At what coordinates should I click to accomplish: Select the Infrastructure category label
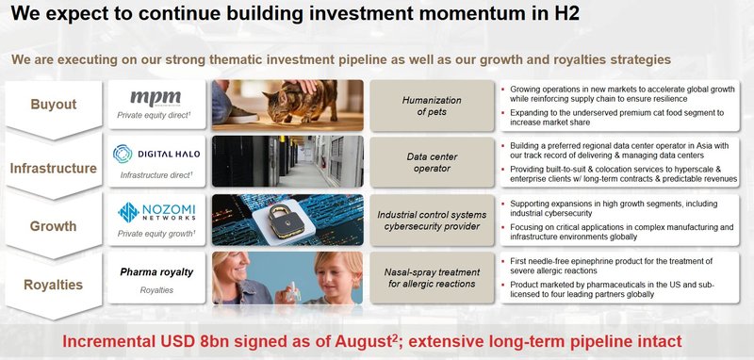55,168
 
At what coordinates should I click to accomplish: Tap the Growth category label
55,226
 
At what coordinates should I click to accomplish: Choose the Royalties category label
55,284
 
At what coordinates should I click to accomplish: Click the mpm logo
155,97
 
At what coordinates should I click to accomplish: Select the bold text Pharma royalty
156,272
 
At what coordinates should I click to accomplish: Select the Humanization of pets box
430,105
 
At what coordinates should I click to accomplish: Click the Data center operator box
430,162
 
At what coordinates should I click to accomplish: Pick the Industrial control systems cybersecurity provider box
430,221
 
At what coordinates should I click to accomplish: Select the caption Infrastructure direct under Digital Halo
156,175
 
